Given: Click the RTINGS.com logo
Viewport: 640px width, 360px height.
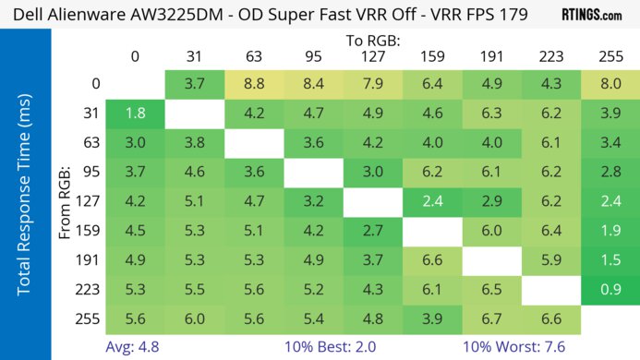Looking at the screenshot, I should pos(591,15).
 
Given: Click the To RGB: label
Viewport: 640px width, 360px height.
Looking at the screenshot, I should pos(373,41).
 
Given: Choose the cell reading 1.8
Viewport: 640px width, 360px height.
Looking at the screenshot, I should pos(136,114).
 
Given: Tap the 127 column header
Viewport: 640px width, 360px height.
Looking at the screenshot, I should pos(371,57).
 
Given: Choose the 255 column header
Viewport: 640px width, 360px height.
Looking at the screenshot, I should pos(608,57).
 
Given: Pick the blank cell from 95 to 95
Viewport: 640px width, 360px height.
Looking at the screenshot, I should pos(313,174).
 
